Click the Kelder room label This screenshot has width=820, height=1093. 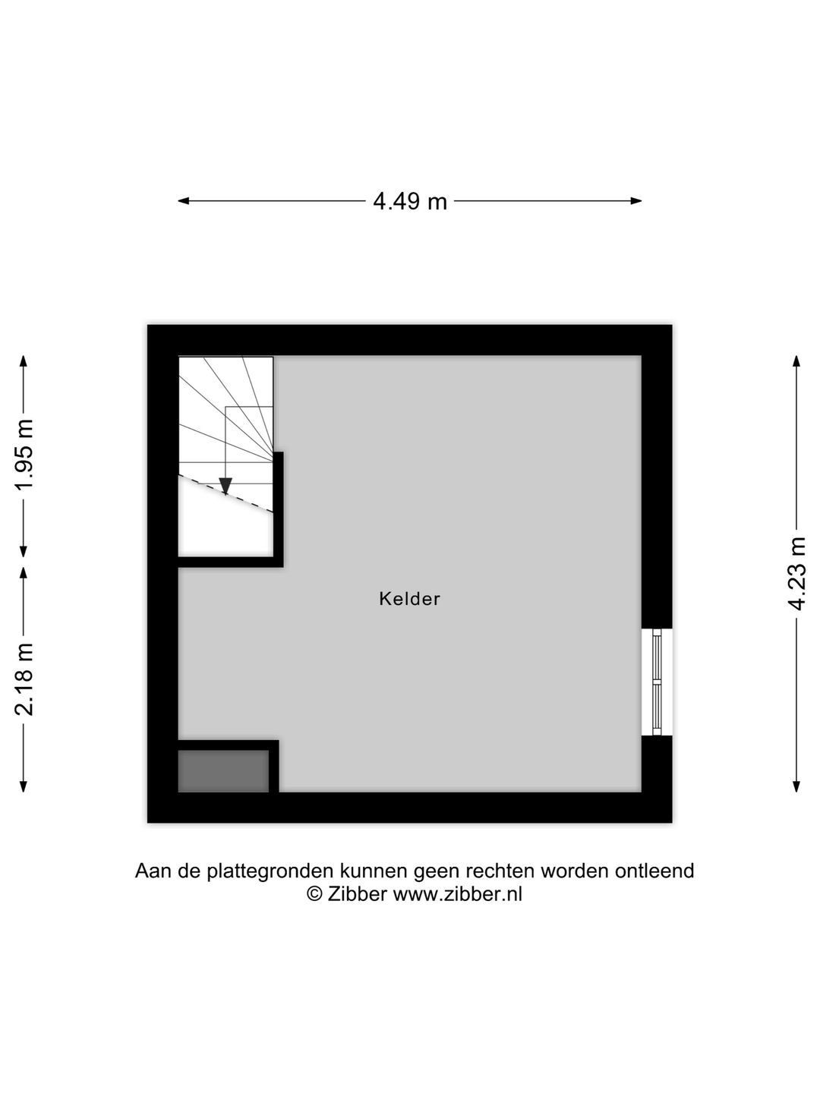click(409, 599)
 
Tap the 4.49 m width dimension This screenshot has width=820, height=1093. click(409, 201)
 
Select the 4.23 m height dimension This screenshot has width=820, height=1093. click(796, 573)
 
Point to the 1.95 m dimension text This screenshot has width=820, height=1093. click(25, 455)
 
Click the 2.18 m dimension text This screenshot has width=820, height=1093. click(25, 679)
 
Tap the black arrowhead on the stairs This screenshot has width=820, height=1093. click(225, 486)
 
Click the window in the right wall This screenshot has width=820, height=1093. click(657, 682)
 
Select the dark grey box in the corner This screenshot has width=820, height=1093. click(223, 771)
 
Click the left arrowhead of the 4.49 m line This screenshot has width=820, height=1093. click(183, 201)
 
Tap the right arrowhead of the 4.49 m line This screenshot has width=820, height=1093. click(637, 201)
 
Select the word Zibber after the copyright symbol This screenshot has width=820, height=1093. click(358, 894)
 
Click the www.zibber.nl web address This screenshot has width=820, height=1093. click(457, 894)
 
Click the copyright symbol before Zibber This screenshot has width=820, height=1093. click(314, 894)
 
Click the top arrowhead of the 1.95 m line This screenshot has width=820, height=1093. click(25, 361)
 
